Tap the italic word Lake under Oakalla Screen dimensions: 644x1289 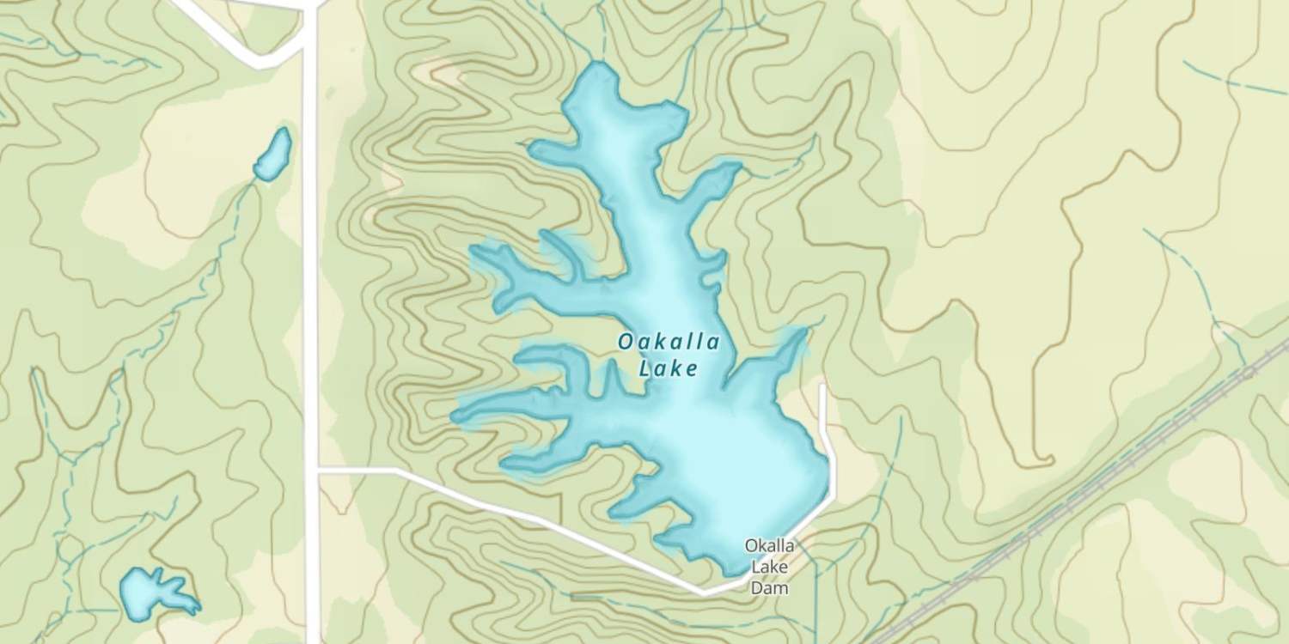coord(668,369)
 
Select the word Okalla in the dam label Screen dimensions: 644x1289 coord(768,545)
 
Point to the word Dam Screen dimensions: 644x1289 coord(768,588)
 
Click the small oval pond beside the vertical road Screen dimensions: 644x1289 coord(273,155)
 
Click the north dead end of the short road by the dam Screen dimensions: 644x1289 coord(822,387)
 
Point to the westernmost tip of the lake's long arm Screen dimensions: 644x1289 coord(455,416)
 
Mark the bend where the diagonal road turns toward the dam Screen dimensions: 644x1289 coord(705,592)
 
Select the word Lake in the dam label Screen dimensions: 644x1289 coord(768,567)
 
